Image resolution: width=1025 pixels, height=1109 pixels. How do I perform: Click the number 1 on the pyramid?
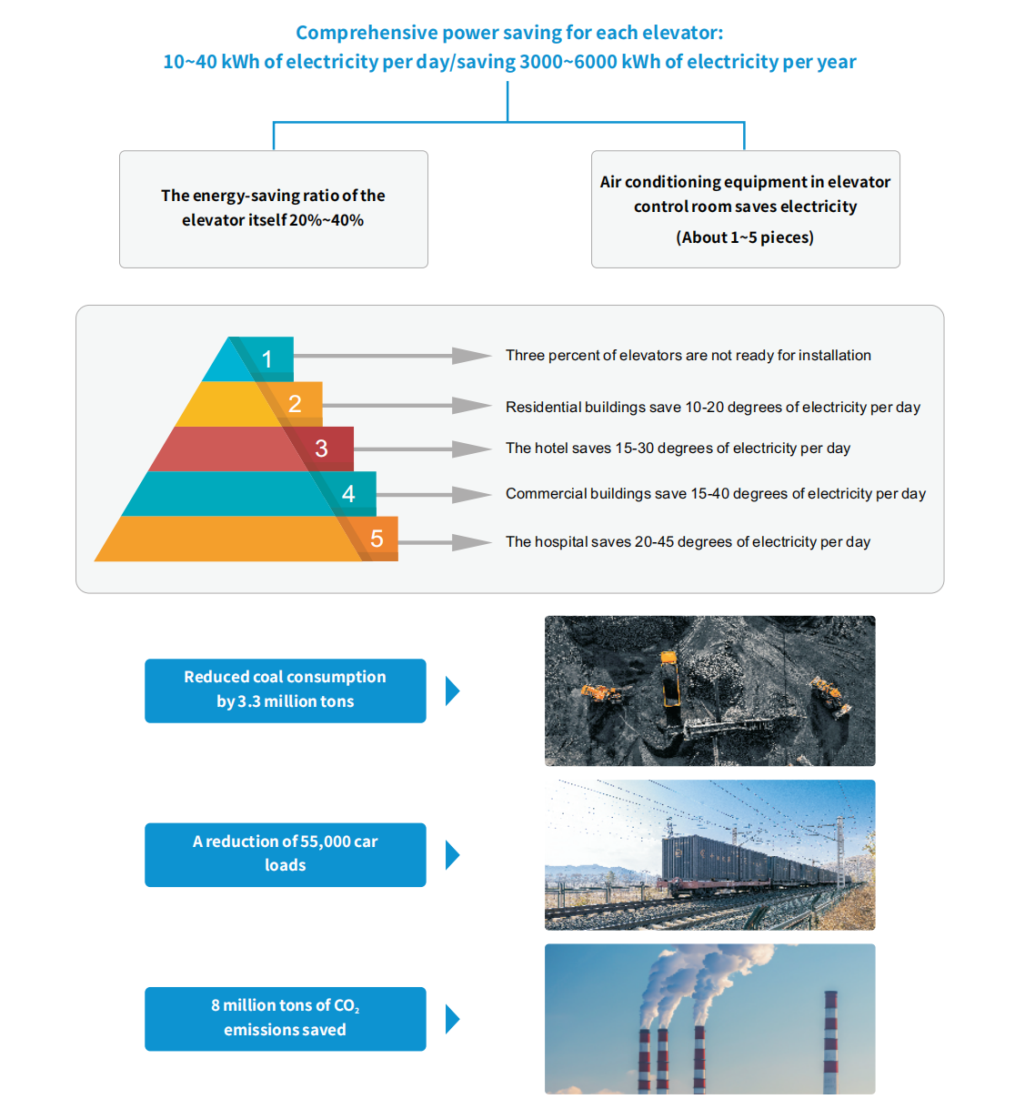pos(267,359)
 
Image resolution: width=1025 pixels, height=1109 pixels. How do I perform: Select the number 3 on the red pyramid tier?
pos(321,449)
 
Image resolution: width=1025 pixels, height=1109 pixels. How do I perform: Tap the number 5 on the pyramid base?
pos(377,539)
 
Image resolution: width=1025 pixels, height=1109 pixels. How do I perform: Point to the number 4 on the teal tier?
pos(348,494)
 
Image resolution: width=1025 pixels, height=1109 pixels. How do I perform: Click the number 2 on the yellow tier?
pos(295,404)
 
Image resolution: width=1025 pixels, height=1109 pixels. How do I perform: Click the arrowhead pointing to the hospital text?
pos(471,542)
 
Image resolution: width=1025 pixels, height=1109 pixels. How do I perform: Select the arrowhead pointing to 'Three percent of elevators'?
pos(471,356)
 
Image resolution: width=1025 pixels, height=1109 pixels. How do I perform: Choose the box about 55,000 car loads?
pos(285,854)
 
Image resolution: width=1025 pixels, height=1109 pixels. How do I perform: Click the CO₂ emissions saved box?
pos(285,1018)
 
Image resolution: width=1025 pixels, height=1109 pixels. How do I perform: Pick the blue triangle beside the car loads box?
pos(452,855)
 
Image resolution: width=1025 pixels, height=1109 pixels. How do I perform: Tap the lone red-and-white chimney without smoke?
pos(829,1042)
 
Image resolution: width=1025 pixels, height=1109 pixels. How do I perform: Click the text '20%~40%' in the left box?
pos(327,220)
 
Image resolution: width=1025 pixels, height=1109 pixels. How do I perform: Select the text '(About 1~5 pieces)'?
pos(745,237)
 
